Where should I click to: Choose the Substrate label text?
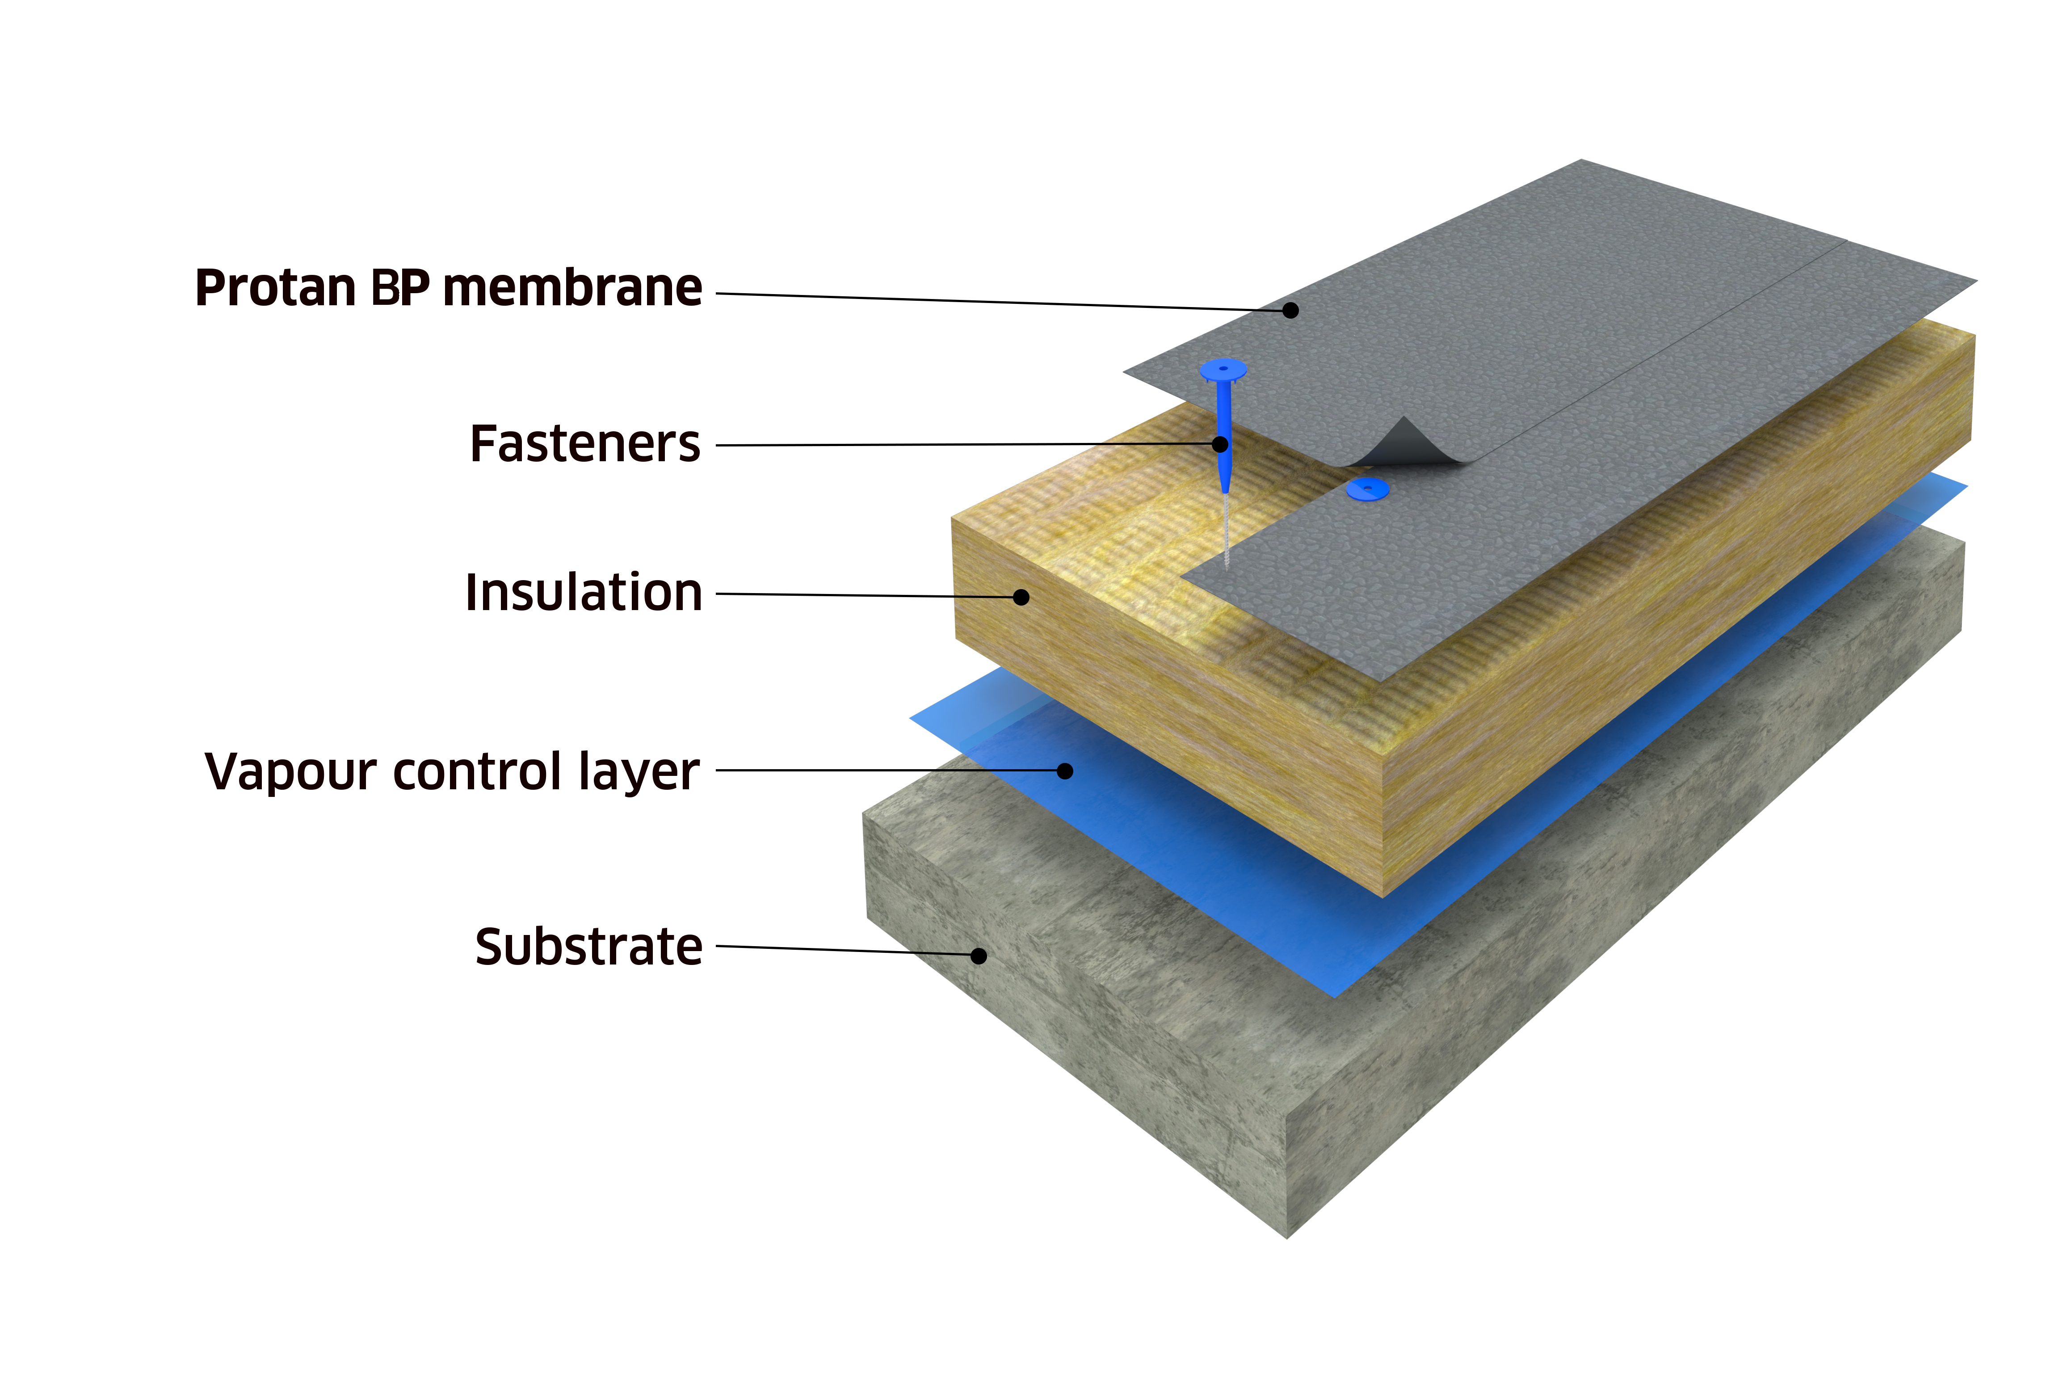tap(588, 948)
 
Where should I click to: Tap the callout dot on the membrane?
tap(1290, 310)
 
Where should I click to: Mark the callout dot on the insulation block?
tap(1021, 597)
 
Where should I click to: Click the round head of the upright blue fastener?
tap(1223, 370)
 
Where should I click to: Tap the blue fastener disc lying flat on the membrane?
tap(1367, 489)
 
